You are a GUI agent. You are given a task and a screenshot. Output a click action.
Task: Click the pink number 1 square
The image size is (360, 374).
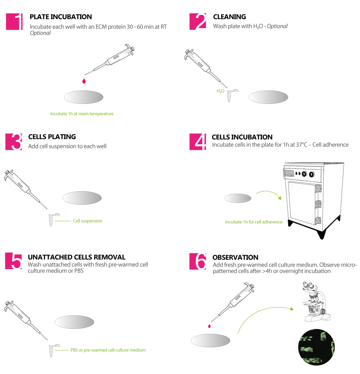click(14, 22)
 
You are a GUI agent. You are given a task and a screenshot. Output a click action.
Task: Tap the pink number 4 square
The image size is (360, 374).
click(198, 142)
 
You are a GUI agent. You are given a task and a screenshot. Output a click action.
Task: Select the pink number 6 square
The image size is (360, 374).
click(198, 262)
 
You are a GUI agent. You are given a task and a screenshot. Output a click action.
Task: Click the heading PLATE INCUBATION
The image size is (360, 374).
click(61, 17)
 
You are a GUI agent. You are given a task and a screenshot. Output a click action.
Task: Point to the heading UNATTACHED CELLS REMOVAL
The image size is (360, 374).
click(76, 257)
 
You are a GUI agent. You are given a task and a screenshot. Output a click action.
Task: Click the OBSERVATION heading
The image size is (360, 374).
click(235, 257)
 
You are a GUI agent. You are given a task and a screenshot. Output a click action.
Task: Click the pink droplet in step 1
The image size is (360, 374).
click(83, 81)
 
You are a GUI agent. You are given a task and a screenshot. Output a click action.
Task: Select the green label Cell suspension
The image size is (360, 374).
click(87, 221)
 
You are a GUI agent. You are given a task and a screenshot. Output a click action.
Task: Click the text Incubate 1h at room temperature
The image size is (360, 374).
click(82, 114)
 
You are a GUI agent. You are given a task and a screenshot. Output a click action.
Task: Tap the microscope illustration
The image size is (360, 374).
click(316, 302)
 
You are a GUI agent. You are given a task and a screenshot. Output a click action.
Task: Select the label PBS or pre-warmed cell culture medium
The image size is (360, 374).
click(108, 350)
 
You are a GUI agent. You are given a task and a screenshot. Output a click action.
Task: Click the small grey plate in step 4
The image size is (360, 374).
click(238, 198)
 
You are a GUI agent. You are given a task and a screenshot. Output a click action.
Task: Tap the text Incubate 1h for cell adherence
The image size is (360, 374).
click(254, 222)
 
